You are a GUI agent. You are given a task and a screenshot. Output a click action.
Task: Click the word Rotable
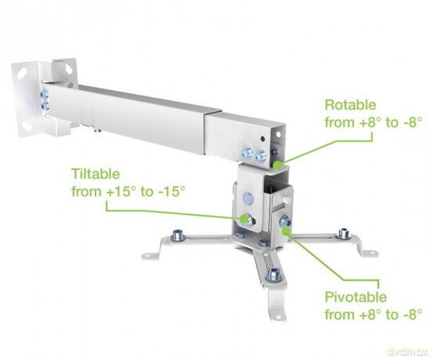pyautogui.click(x=350, y=105)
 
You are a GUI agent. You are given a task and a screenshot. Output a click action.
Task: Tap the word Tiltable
pyautogui.click(x=96, y=174)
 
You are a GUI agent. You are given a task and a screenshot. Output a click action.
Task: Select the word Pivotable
pyautogui.click(x=355, y=297)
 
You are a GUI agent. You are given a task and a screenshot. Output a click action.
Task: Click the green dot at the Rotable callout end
pyautogui.click(x=277, y=165)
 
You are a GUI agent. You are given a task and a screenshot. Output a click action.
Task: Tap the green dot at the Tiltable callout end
pyautogui.click(x=244, y=218)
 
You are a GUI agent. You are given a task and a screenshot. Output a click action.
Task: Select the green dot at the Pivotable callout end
pyautogui.click(x=286, y=232)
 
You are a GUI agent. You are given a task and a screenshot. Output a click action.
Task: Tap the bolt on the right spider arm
pyautogui.click(x=345, y=233)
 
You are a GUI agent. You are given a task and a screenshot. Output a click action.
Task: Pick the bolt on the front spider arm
pyautogui.click(x=273, y=274)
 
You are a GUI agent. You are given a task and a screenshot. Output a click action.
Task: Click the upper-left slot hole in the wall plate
pyautogui.click(x=21, y=73)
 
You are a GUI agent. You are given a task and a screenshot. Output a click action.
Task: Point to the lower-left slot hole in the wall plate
pyautogui.click(x=27, y=125)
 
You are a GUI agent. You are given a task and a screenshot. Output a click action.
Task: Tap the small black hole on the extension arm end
pyautogui.click(x=263, y=139)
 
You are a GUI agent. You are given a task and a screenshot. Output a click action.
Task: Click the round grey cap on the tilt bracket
pyautogui.click(x=248, y=198)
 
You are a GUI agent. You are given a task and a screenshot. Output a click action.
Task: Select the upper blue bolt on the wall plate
pyautogui.click(x=44, y=94)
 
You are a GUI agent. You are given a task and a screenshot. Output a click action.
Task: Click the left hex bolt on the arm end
pyautogui.click(x=247, y=153)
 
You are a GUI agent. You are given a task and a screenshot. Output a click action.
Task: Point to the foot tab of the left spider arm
pyautogui.click(x=151, y=255)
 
